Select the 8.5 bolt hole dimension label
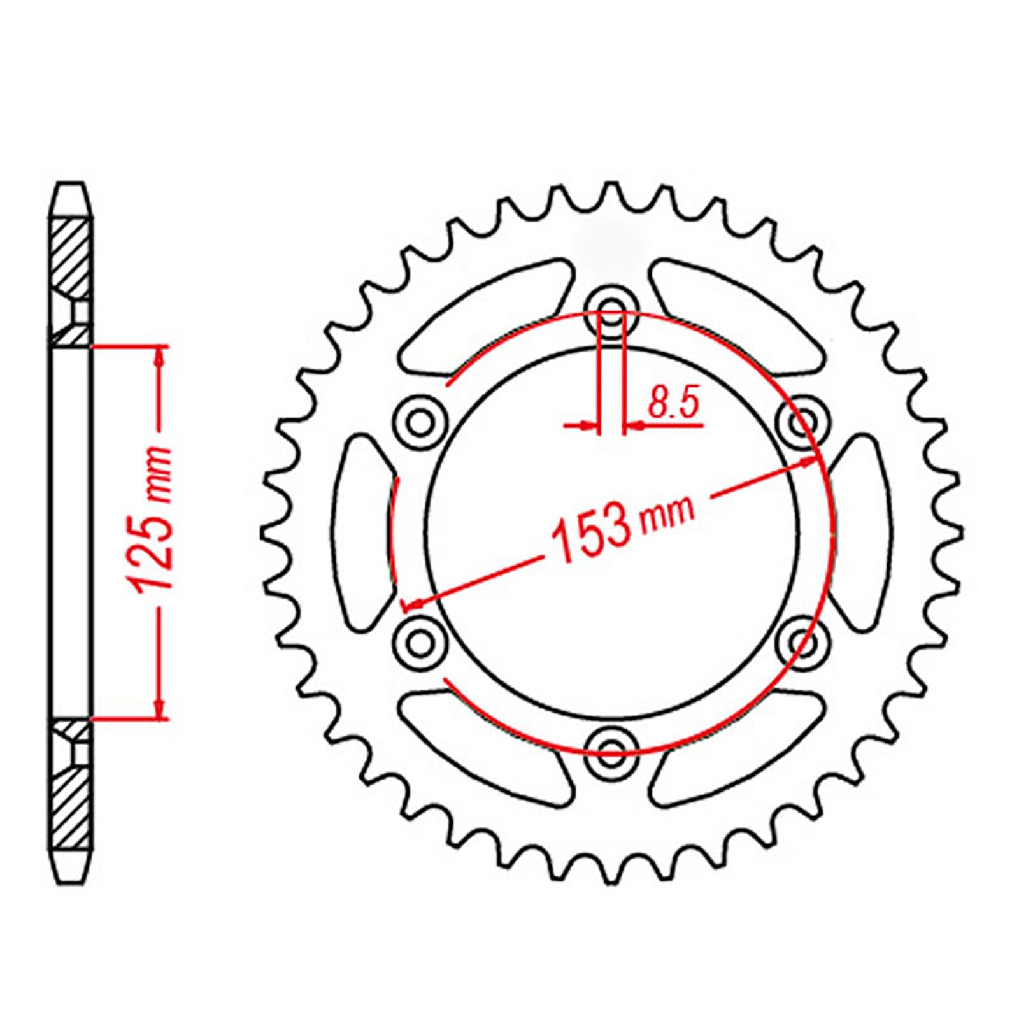click(x=674, y=404)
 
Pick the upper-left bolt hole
click(x=419, y=420)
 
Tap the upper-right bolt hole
click(x=804, y=420)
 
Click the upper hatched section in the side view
click(x=70, y=255)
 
